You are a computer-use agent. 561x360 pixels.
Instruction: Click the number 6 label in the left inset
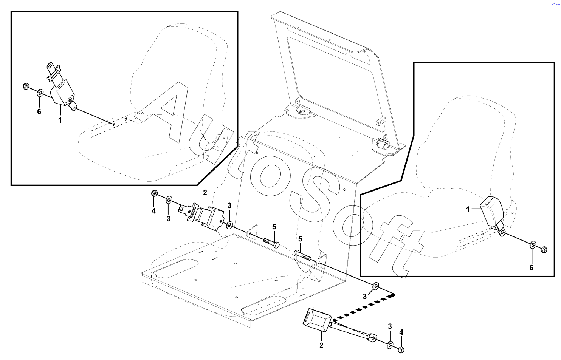coord(39,112)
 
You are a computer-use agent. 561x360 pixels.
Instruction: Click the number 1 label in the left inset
coord(60,121)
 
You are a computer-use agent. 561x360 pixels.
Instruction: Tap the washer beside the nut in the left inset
coord(40,92)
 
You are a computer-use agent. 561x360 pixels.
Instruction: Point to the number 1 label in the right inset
coord(468,209)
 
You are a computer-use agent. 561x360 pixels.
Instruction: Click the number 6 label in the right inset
coord(532,268)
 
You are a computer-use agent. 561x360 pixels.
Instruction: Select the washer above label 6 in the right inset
coord(532,245)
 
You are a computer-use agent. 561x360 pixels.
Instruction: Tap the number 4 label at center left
coord(153,211)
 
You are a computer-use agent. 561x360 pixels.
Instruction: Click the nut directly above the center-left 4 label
coord(155,194)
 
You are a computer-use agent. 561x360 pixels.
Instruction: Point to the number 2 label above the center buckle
coord(205,193)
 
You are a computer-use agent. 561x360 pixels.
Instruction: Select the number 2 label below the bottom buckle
coord(321,345)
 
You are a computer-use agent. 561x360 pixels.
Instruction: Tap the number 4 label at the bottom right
coord(401,332)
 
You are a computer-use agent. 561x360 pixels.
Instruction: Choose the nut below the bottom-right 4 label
coord(401,350)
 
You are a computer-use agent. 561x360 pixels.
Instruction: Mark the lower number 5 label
coord(300,239)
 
